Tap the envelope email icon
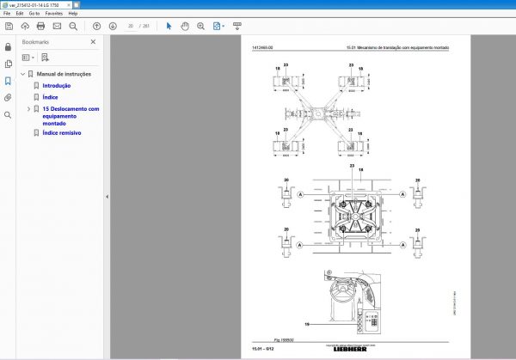click(x=58, y=26)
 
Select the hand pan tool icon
click(x=184, y=26)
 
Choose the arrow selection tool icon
click(x=169, y=26)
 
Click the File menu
click(x=7, y=15)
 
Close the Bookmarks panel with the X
click(x=94, y=42)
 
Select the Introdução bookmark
click(x=57, y=86)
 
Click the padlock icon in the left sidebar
click(x=8, y=46)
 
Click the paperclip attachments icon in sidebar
click(x=8, y=97)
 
